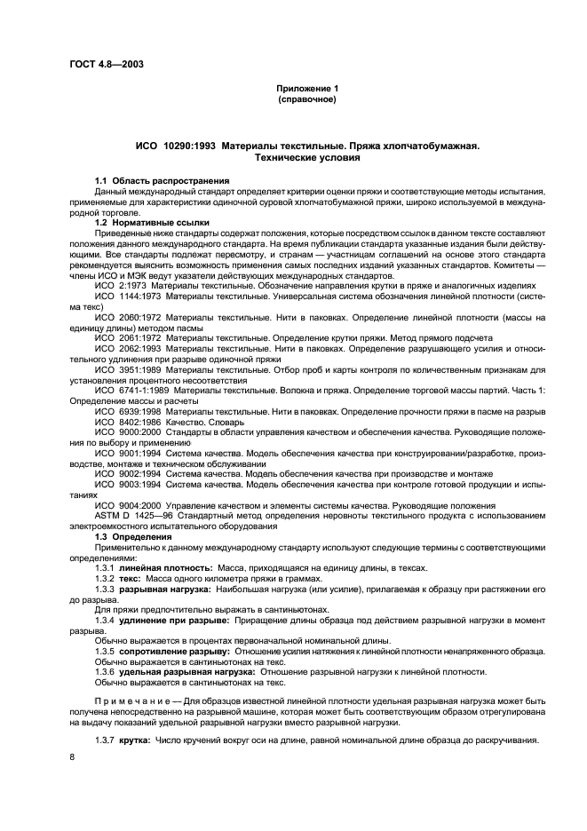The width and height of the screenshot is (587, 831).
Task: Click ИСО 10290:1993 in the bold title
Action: [174, 146]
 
